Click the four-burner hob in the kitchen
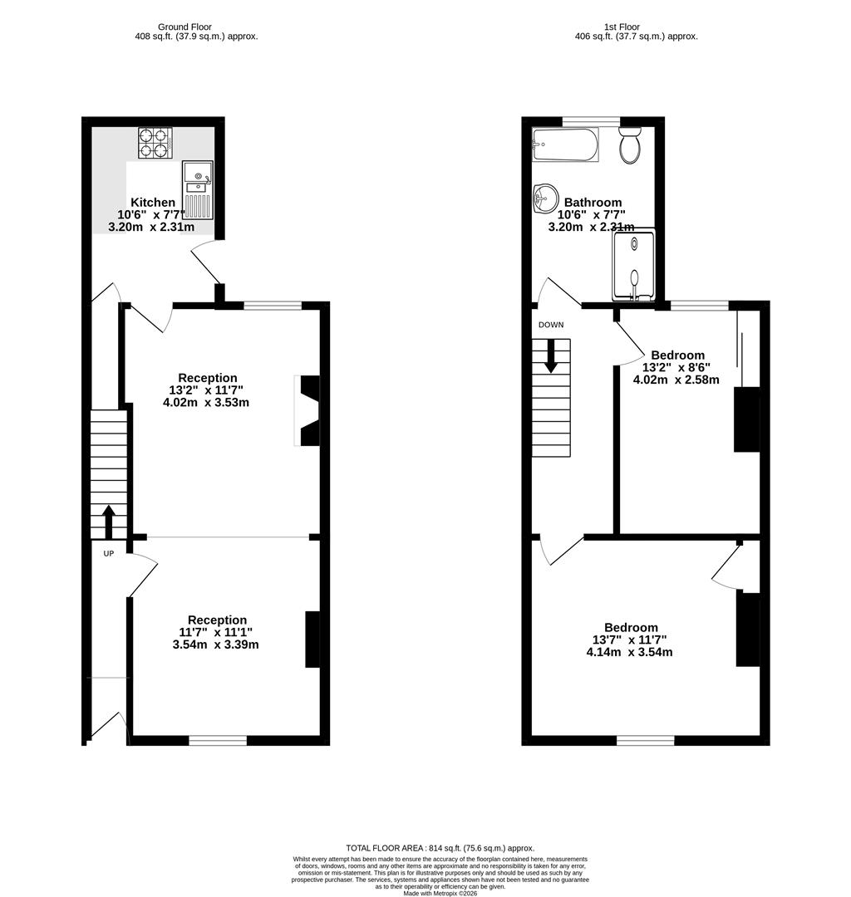(155, 142)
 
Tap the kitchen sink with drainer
(197, 190)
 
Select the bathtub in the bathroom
(565, 145)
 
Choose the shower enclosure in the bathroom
(633, 264)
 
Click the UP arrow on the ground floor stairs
(108, 521)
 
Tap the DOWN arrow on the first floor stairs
(551, 355)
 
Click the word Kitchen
(153, 203)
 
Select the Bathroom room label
(593, 203)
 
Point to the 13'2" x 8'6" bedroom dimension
(676, 367)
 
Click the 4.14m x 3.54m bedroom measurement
(629, 652)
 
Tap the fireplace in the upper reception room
(307, 411)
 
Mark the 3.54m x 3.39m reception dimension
(215, 644)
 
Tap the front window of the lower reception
(218, 740)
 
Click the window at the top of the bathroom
(591, 121)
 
